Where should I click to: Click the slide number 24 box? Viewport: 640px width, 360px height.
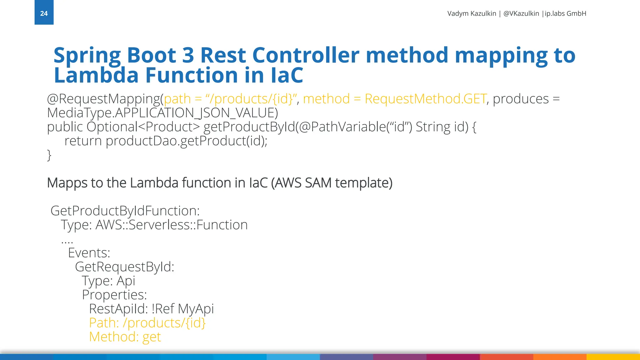pos(44,12)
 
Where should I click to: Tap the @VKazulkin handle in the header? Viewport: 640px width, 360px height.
pos(521,13)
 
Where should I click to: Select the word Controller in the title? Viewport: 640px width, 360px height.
pos(305,55)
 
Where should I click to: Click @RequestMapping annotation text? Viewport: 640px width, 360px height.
pos(103,99)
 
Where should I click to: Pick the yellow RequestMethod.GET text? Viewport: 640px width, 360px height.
pos(425,99)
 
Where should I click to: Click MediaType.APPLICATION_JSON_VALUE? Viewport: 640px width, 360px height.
pos(162,113)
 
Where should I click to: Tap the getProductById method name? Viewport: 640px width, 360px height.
pos(249,127)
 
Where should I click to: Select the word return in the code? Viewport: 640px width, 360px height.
pos(83,141)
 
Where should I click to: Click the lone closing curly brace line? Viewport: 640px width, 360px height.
pos(49,155)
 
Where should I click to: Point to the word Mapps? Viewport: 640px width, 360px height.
pos(67,183)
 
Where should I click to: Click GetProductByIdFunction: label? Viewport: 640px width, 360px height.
pos(125,211)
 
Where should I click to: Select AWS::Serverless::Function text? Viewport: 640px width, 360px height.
pos(171,225)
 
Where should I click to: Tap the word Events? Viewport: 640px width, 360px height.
pos(89,253)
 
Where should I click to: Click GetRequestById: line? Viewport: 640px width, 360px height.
pos(124,267)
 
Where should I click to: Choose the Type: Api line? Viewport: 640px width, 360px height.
pos(108,281)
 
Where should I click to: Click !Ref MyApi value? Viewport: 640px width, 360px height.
pos(182,309)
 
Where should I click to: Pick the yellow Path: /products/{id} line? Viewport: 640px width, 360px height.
pos(147,323)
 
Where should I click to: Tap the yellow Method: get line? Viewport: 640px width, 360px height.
pos(125,337)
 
